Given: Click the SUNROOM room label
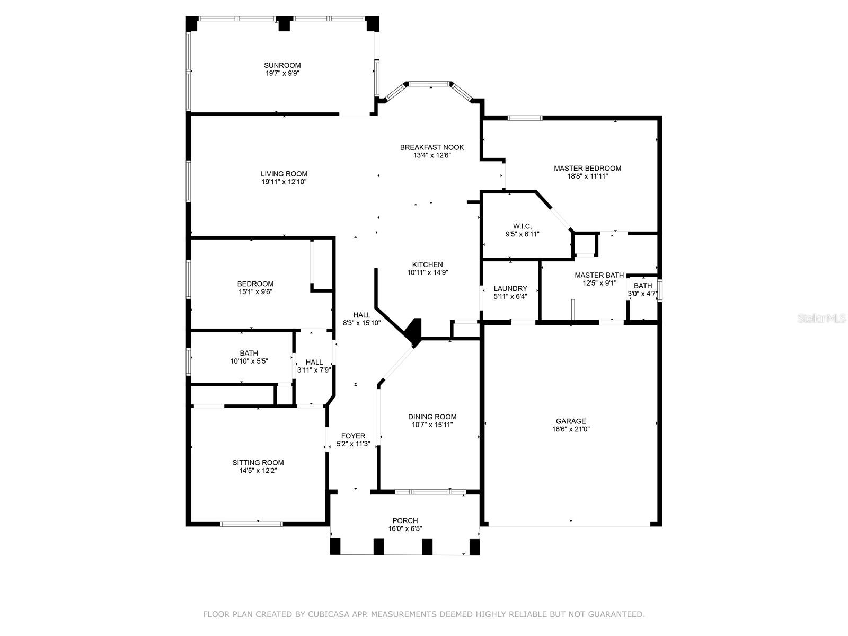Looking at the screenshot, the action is point(282,65).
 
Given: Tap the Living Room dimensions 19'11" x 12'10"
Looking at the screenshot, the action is point(284,182).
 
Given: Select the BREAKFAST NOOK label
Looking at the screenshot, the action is point(432,147).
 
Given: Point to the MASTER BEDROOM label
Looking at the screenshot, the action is point(587,169).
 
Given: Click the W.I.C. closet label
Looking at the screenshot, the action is point(523,226).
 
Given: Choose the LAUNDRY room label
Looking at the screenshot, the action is point(510,288).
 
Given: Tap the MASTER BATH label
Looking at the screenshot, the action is point(599,275).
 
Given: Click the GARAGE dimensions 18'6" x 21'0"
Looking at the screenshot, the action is point(571,429).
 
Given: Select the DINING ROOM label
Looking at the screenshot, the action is point(432,417).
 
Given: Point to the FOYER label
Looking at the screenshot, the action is point(353,436).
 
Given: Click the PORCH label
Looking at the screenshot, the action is point(405,520).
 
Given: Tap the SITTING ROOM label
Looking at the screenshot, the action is point(258,462).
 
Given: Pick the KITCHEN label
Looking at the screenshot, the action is point(427,264).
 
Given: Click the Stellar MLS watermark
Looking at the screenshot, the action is point(821,318).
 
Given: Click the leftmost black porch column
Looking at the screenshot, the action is point(335,546).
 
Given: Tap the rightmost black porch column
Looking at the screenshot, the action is point(474,546).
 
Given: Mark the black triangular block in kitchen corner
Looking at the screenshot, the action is point(414,330).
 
